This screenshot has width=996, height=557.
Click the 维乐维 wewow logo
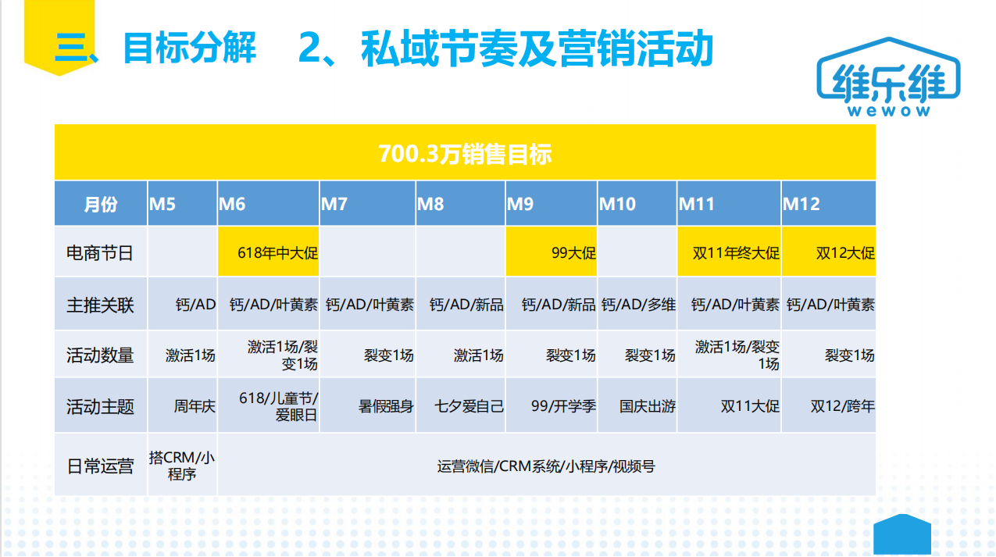point(888,77)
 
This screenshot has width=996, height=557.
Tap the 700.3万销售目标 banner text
point(465,154)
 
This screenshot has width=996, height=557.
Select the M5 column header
point(182,204)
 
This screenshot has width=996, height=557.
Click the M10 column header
point(637,204)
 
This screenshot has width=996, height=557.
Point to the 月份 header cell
point(101,204)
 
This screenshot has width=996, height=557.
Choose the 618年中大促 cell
point(269,252)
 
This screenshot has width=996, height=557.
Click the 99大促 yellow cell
point(552,252)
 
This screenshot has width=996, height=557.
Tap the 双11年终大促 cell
point(729,252)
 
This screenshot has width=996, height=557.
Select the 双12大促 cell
point(829,252)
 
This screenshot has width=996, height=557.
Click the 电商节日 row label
point(100,253)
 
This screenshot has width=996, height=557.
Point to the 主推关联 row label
point(100,305)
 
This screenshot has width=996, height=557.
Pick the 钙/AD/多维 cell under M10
point(637,304)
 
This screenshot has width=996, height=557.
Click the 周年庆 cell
point(182,405)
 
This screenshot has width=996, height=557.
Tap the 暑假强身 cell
point(368,405)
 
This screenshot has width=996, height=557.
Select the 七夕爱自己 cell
point(461,405)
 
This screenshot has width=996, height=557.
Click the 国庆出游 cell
point(637,405)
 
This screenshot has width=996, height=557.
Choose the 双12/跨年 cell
point(829,405)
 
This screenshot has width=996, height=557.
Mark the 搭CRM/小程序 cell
point(182,465)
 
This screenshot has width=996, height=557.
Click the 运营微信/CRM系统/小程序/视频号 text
point(546,466)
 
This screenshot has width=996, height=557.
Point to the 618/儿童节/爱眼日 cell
point(269,405)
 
